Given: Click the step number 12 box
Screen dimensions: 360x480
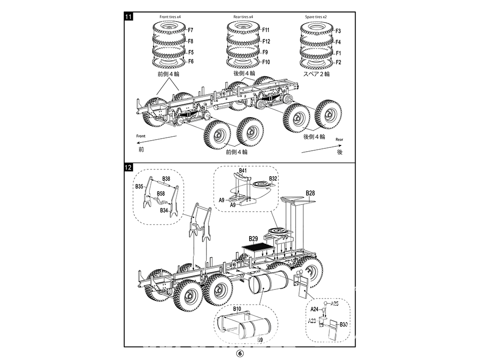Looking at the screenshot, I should (128, 168).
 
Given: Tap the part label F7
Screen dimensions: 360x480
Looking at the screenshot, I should (190, 31).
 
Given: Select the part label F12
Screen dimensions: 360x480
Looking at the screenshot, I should (266, 41).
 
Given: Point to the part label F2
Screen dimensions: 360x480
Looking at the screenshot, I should (338, 62).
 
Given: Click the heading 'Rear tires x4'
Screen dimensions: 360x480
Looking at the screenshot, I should (243, 17).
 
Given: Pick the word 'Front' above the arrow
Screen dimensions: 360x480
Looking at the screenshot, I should (140, 136).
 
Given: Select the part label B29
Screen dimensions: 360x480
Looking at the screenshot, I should (253, 239).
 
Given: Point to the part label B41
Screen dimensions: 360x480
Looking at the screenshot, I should (243, 170).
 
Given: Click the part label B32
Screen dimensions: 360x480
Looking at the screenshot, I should (273, 178).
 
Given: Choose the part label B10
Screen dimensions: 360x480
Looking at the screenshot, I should (237, 309).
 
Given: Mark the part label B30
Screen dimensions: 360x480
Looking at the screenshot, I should (344, 324).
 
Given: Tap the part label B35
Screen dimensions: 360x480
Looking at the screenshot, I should (139, 186).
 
